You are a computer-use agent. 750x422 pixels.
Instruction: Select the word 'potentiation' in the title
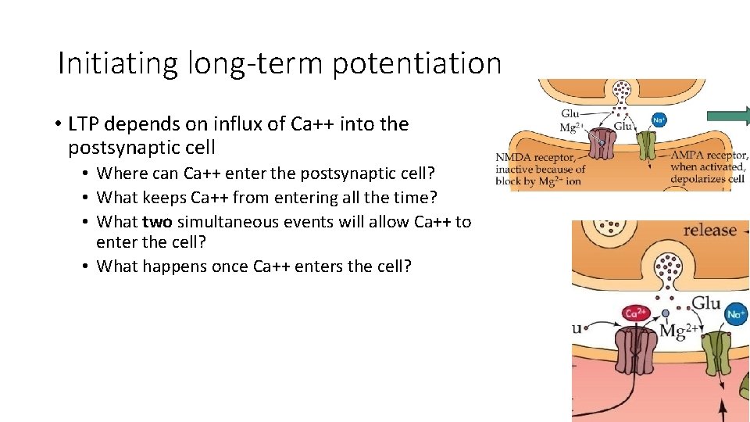pos(416,63)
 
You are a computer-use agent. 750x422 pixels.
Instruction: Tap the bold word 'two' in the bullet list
pos(157,222)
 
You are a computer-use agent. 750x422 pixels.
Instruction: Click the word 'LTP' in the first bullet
pos(84,124)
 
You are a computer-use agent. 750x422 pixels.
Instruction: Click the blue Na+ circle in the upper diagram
pos(659,120)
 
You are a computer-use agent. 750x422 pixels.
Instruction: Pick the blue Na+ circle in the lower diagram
pos(735,314)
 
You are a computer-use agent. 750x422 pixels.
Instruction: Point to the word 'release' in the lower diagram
pos(709,231)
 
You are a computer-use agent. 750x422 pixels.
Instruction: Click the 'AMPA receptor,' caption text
pos(709,156)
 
